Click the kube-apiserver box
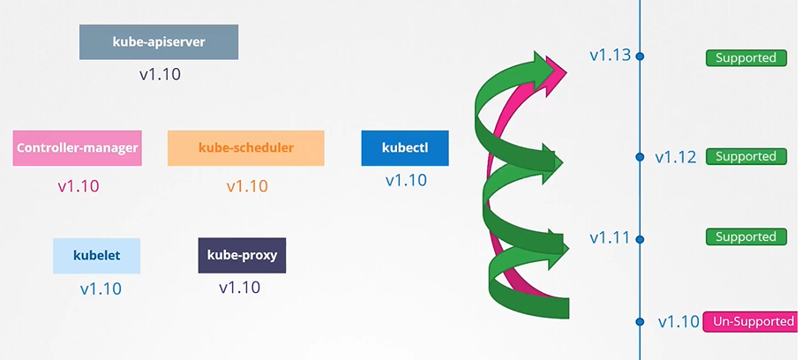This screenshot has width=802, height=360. [159, 42]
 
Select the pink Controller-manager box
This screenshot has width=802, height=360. [78, 147]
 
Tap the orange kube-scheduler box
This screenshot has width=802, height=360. [246, 147]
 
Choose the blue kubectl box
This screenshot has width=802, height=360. [405, 147]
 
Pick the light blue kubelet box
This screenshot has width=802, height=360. [97, 255]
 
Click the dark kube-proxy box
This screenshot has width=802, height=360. [242, 255]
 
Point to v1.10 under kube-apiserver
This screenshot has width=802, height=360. [160, 75]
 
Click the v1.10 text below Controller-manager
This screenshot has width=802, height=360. [79, 186]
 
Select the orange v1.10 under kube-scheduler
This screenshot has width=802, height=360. [247, 186]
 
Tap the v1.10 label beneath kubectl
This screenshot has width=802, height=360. [406, 181]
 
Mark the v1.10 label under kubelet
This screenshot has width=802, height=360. [101, 289]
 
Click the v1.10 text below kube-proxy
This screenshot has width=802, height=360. [239, 288]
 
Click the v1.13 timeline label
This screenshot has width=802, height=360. [611, 56]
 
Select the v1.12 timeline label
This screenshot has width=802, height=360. [676, 157]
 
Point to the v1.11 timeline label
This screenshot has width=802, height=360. [611, 237]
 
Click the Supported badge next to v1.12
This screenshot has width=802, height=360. [746, 156]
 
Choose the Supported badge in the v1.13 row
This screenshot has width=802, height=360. [746, 57]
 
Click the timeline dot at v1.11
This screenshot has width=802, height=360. [640, 239]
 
